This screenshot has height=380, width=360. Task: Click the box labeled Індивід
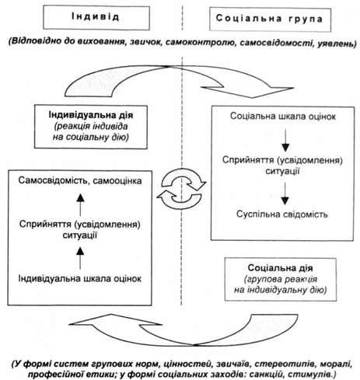click(x=96, y=18)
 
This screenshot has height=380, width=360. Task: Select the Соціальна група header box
click(x=270, y=19)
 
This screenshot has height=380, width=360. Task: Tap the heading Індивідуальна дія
click(x=91, y=115)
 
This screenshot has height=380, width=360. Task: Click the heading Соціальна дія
click(x=280, y=268)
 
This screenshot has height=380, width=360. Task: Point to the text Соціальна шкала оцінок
click(x=283, y=117)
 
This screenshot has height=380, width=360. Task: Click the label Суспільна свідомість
click(x=282, y=214)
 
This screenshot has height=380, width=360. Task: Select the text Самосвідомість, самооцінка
click(x=80, y=181)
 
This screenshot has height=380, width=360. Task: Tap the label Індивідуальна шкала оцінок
click(x=80, y=279)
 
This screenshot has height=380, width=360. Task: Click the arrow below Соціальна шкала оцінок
click(x=285, y=140)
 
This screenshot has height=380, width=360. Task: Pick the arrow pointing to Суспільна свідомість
click(x=285, y=193)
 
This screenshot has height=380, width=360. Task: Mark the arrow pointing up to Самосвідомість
click(x=80, y=205)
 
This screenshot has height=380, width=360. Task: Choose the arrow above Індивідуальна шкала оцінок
click(x=80, y=258)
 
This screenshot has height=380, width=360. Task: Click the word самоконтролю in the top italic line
click(x=201, y=43)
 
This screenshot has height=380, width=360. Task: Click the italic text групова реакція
click(x=281, y=279)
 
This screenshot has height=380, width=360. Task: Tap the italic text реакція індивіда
click(x=91, y=126)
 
